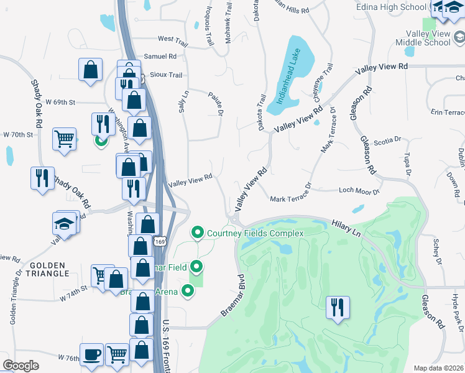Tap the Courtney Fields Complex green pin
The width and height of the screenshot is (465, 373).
point(198,233)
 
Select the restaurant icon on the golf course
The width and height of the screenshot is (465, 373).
point(338,307)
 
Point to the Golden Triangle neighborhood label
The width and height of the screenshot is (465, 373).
point(47,269)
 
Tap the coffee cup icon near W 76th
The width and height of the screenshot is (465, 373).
point(91,355)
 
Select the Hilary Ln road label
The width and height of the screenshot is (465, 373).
point(346,226)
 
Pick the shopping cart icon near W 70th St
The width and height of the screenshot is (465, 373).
point(65,139)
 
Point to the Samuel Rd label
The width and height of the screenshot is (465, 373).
point(160,56)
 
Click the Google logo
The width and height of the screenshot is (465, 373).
point(21,365)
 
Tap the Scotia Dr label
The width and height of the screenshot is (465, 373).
point(388,140)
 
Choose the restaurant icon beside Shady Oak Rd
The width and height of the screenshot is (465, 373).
point(42,178)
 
